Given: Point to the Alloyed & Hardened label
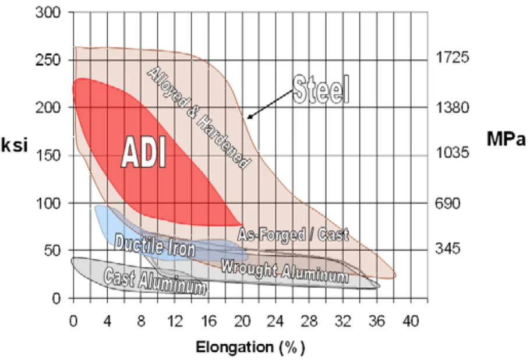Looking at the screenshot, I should (x=196, y=118).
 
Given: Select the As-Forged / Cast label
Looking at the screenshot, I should (x=293, y=235).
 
